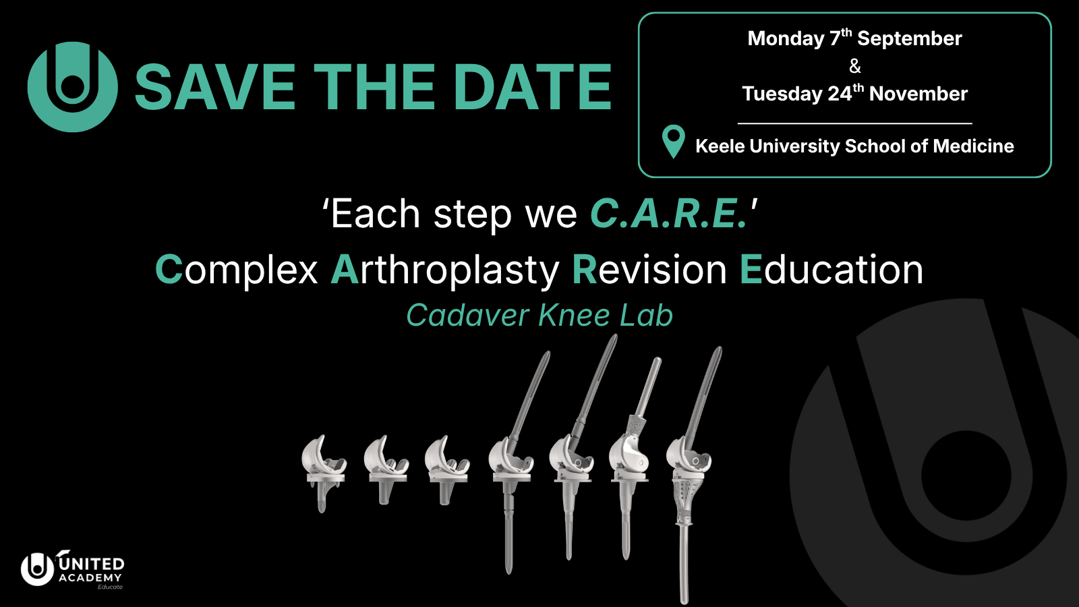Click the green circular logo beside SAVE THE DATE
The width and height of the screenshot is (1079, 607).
(x=72, y=87)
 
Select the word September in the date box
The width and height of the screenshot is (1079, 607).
(x=910, y=38)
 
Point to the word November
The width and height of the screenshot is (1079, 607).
(x=918, y=94)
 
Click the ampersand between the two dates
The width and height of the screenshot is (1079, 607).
(x=855, y=66)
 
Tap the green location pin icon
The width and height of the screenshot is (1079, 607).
(x=674, y=142)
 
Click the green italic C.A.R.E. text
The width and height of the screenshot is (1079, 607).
(x=669, y=213)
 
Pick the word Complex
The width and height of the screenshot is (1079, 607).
(x=237, y=270)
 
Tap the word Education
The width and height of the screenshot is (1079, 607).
(x=832, y=270)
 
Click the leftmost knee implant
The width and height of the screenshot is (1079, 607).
(x=324, y=473)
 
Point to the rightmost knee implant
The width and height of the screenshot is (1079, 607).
(x=692, y=475)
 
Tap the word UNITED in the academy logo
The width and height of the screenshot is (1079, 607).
(x=91, y=564)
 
